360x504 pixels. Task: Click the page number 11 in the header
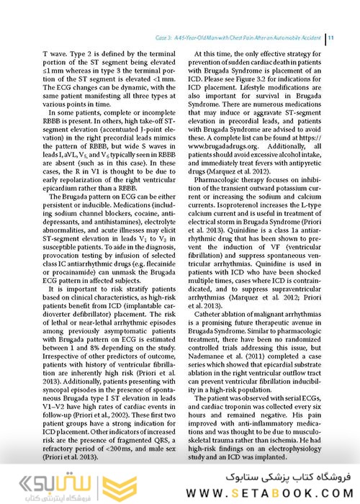328,37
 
